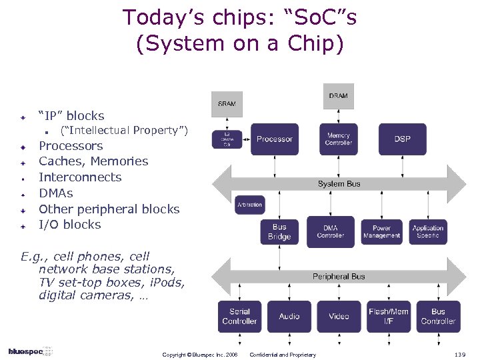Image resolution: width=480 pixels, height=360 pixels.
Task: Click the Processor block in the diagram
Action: [x=274, y=139]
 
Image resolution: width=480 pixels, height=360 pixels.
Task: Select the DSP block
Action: [x=402, y=139]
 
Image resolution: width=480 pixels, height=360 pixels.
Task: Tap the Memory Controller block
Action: [x=339, y=139]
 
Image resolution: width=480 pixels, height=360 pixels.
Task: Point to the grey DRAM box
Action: [x=338, y=96]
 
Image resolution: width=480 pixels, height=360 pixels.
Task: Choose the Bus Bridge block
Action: [x=279, y=232]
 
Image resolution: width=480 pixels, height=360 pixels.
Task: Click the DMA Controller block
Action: [x=331, y=232]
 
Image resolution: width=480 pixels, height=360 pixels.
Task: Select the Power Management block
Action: [x=381, y=232]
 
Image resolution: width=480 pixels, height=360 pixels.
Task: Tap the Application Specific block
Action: [x=428, y=232]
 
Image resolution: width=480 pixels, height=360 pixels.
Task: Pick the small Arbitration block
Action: [x=249, y=205]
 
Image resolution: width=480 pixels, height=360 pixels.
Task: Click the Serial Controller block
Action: [x=239, y=316]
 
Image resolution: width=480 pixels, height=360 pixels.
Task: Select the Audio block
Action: [x=289, y=316]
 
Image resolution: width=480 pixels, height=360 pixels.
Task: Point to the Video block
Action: [x=339, y=316]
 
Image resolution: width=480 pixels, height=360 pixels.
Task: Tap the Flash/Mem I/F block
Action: [x=389, y=316]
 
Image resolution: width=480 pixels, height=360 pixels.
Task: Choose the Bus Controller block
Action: [x=438, y=316]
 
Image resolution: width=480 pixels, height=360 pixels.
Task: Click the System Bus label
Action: [x=339, y=183]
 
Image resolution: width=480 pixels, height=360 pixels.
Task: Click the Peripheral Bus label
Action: [x=339, y=276]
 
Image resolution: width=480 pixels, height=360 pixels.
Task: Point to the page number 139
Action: [x=459, y=354]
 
